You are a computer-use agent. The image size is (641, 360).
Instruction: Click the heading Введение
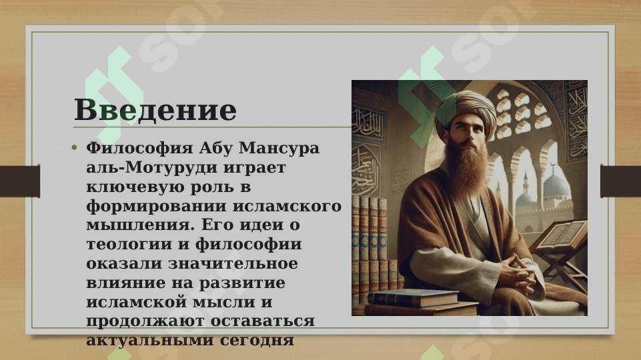click(155, 109)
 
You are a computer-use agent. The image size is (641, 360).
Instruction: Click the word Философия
click(139, 148)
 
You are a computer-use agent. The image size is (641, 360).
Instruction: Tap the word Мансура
click(279, 148)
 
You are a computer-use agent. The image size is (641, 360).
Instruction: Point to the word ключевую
click(134, 187)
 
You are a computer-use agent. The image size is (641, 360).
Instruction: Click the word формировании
click(156, 206)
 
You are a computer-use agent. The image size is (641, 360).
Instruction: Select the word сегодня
click(257, 341)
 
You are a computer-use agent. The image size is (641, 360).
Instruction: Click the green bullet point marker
click(74, 147)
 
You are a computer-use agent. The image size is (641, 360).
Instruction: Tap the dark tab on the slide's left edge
click(20, 181)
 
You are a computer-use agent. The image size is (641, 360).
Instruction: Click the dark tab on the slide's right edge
click(620, 181)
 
